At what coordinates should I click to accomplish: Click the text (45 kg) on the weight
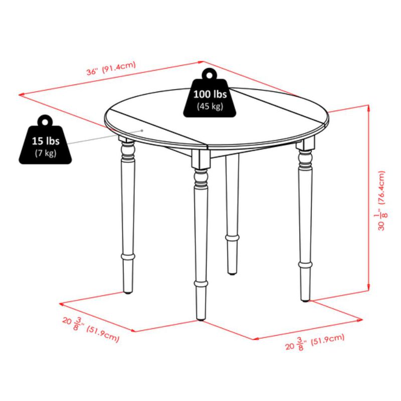(x=210, y=106)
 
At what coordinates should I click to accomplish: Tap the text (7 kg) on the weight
(x=45, y=153)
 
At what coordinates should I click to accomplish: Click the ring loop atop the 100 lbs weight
(x=210, y=74)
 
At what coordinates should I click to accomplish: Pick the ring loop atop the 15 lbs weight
(x=45, y=121)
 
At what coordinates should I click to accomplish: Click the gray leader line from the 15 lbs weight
(x=105, y=136)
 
